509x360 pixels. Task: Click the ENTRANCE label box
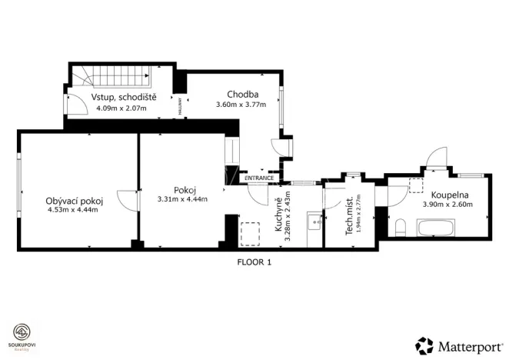click(x=259, y=178)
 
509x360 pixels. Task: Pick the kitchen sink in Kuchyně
click(x=313, y=224)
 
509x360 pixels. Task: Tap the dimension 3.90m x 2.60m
click(x=447, y=205)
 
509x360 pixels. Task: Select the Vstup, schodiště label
click(x=124, y=98)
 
